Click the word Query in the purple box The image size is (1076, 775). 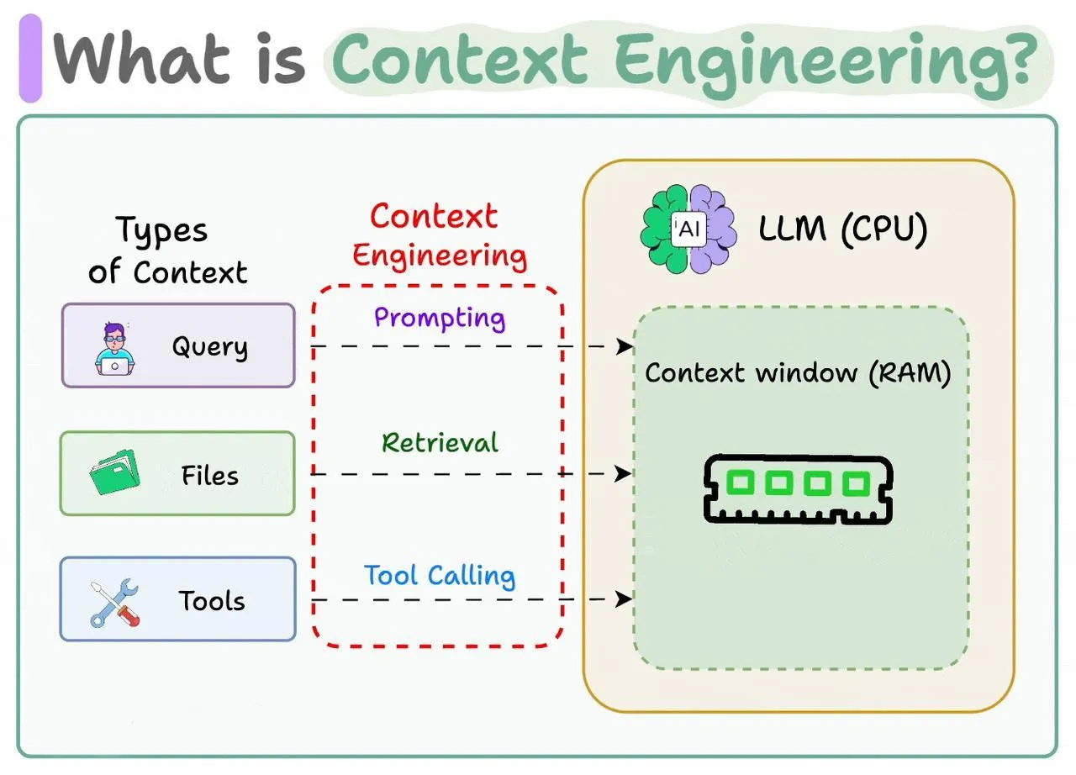pos(209,346)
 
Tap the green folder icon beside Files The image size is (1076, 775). pos(113,472)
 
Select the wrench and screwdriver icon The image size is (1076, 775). pos(114,603)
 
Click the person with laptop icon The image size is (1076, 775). pos(114,347)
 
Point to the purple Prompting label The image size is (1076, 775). pos(439,318)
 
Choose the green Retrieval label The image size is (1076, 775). pos(440,443)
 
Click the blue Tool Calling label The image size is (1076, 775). pos(440,576)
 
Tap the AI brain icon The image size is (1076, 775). pos(688,229)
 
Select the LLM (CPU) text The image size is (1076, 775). pos(842,229)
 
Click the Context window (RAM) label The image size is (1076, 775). pos(798,373)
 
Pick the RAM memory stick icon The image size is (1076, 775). pos(798,488)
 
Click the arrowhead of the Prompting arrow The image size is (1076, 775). pos(625,346)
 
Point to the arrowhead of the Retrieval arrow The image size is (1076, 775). pos(625,474)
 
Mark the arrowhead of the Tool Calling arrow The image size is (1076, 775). pos(625,599)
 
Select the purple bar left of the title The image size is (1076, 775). pos(30,59)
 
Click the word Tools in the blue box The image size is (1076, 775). pos(211,600)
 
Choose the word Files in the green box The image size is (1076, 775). pos(210,476)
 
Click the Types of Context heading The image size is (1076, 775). pos(169,250)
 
